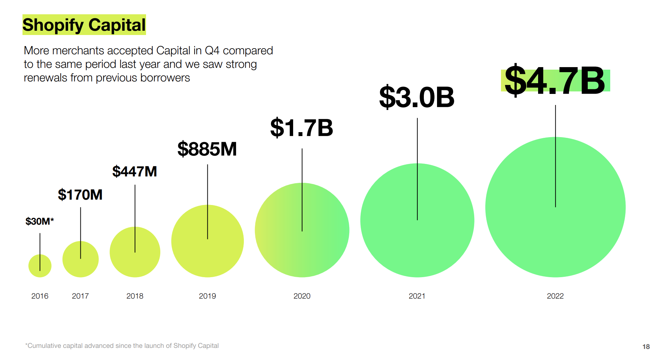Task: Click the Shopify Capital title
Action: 84,25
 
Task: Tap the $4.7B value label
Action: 555,81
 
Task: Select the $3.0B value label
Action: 417,97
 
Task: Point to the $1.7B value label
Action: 302,128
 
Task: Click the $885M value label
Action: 207,149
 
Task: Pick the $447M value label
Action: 135,171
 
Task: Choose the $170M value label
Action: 80,195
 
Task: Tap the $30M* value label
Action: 40,221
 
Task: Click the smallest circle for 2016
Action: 40,266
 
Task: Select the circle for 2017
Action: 80,259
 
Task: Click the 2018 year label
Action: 135,296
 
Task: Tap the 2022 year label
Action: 555,296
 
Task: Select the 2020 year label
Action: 302,296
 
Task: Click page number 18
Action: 646,346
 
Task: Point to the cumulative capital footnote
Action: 122,346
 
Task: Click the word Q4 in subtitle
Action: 212,51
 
